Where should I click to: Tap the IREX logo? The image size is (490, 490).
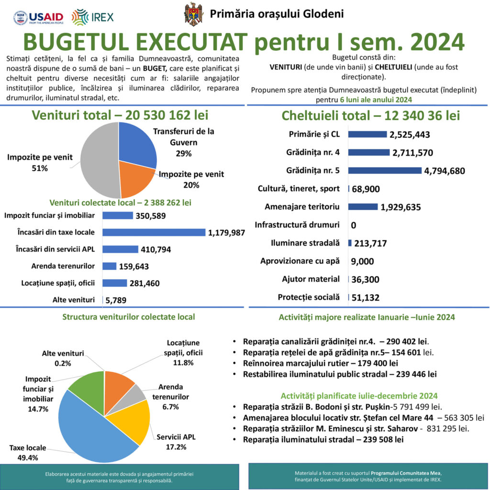[92, 17]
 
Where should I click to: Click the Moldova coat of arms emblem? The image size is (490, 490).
[194, 14]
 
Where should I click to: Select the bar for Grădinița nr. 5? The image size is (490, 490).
[385, 170]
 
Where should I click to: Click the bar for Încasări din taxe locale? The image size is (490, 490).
[154, 233]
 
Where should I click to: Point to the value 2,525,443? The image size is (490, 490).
[410, 134]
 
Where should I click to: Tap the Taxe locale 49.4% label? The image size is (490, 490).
[28, 453]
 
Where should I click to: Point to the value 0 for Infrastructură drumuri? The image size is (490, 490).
[353, 225]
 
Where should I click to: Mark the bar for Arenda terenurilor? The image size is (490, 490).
[110, 266]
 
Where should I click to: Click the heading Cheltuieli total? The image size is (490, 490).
[364, 115]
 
